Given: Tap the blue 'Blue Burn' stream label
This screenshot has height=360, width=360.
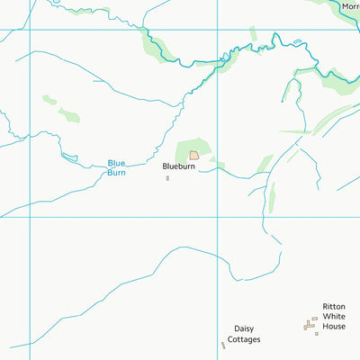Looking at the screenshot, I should point(117,167).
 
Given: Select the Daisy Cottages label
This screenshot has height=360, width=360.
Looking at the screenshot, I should point(243,334).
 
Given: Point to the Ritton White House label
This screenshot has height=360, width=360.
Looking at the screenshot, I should point(334,317).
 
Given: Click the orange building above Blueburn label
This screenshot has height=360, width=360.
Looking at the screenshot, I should point(193,156).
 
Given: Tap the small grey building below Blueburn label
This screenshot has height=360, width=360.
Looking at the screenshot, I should point(167,178).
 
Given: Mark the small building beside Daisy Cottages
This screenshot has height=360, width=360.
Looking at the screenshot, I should point(223,345).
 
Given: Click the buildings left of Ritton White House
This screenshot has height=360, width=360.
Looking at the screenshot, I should point(310,324).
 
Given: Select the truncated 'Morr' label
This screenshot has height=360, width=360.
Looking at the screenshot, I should point(350,6).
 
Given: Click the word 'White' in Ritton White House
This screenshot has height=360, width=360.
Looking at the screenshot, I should point(334,317).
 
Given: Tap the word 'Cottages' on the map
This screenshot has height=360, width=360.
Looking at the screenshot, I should point(243,339).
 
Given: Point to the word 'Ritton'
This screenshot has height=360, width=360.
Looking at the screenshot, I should point(334,307).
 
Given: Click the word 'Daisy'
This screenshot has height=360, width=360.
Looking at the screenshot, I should point(243,328).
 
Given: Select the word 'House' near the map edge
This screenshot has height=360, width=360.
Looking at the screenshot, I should point(334,327).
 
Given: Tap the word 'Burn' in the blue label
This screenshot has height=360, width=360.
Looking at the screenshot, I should point(117,172).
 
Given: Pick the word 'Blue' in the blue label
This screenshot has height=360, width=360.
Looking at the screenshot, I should point(117,163).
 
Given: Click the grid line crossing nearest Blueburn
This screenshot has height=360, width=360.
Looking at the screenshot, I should point(215,217).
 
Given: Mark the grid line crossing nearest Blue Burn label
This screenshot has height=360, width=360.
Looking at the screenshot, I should point(30,217).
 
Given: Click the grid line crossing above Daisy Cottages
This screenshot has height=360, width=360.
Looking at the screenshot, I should point(215,217).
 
